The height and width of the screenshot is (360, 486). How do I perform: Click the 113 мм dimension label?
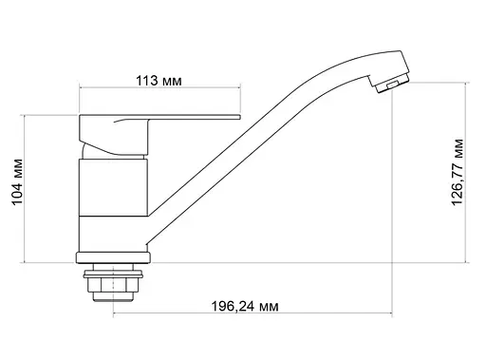tap(159, 80)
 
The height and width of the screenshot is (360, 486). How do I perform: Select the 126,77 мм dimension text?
tap(458, 175)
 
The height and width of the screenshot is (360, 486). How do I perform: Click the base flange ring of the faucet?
tap(112, 256)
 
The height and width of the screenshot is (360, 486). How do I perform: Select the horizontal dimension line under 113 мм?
tap(159, 92)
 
